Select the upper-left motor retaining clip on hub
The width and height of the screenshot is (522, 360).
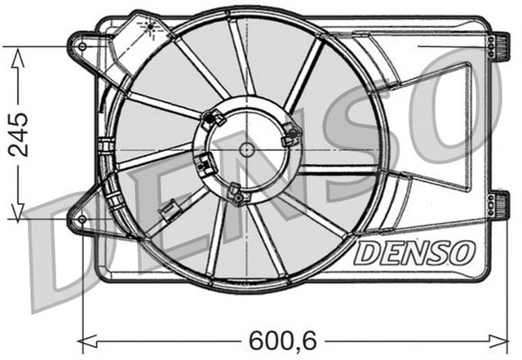coord(215,119)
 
